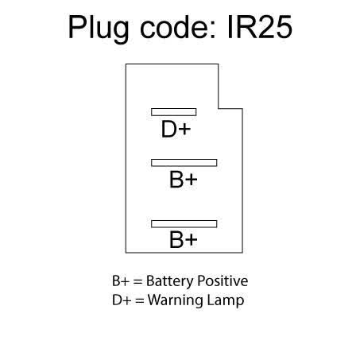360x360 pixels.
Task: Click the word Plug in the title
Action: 99,29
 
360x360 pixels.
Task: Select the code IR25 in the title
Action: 260,27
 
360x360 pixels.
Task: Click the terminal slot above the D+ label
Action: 174,112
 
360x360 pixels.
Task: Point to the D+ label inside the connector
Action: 176,129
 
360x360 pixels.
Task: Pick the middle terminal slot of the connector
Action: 184,163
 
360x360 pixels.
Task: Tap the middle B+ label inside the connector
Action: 184,180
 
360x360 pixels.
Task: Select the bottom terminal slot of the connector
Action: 184,224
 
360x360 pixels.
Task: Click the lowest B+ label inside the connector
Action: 184,239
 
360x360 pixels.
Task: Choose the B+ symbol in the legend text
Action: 122,281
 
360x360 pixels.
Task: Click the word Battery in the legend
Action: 170,281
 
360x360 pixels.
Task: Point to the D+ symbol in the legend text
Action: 122,300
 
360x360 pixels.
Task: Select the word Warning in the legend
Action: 176,301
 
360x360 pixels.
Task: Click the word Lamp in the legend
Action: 226,301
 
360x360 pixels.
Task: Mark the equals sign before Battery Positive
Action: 137,281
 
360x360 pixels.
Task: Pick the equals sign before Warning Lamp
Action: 139,300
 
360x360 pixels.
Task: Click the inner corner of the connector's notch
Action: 219,108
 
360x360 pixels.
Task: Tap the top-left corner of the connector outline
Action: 126,64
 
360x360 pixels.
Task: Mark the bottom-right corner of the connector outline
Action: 242,253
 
